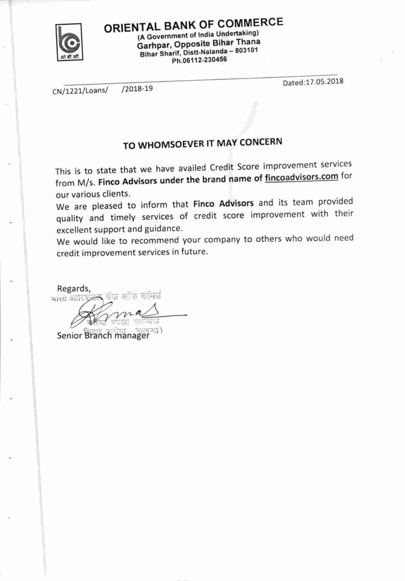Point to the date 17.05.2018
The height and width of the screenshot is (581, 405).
[324, 81]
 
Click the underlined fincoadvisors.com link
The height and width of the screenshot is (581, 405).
[302, 178]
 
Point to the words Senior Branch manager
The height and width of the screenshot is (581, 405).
[103, 335]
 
